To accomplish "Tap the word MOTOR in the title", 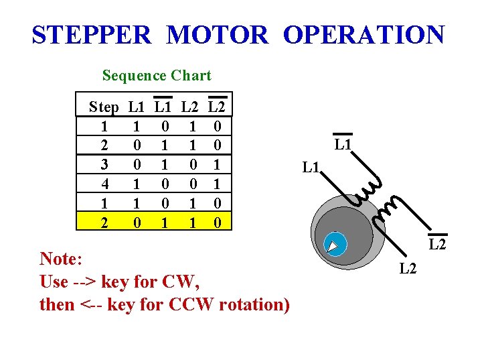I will tap(218, 34).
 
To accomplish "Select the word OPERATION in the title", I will tap(364, 34).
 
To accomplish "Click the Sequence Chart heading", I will tap(157, 76).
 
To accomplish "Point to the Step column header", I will tap(104, 107).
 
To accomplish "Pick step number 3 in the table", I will tap(104, 164).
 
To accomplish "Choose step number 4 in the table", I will tap(104, 183).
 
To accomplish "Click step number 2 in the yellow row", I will tap(104, 221).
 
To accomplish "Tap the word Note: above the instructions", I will tap(62, 259).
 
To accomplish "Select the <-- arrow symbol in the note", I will tap(94, 304).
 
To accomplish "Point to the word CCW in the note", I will tap(191, 304).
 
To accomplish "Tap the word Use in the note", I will tap(54, 282).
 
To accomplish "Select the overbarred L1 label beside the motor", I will tap(343, 144).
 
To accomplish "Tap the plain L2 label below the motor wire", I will tap(409, 269).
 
